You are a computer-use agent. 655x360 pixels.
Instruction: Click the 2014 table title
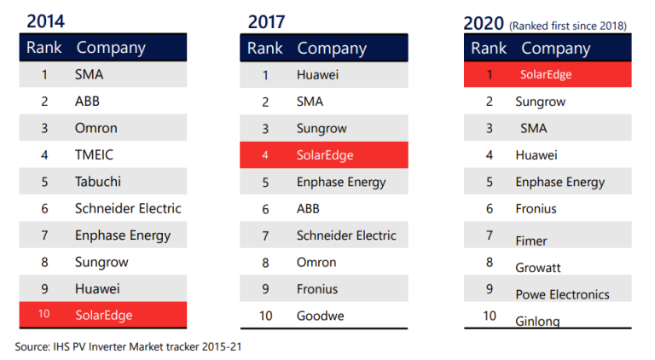(45, 21)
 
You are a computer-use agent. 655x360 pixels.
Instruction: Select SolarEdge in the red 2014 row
(103, 316)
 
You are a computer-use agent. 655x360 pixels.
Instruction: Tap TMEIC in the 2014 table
(94, 155)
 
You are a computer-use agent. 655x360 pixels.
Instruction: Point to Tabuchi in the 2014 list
(98, 182)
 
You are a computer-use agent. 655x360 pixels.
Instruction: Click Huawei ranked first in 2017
(317, 75)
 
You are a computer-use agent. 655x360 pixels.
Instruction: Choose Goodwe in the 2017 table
(321, 316)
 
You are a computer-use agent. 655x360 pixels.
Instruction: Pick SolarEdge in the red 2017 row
(325, 155)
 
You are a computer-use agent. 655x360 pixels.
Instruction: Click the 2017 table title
(266, 21)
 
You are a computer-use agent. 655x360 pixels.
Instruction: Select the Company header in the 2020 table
(555, 49)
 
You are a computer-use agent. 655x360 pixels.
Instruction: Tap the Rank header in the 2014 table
(43, 48)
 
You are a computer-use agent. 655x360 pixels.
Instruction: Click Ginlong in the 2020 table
(537, 321)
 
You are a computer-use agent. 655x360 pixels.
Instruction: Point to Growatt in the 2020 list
(538, 268)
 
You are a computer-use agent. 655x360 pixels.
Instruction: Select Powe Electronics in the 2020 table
(562, 294)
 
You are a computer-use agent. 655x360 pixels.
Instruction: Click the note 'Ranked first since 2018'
(568, 26)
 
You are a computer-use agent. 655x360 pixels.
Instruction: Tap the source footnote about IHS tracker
(128, 346)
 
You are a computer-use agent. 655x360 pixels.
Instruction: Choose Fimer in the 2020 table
(531, 241)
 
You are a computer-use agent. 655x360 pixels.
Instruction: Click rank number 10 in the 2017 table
(266, 316)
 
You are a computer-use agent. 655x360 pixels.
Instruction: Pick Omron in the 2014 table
(96, 128)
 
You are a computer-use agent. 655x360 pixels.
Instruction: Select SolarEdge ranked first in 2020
(546, 75)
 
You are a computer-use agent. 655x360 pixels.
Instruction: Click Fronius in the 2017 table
(317, 289)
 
